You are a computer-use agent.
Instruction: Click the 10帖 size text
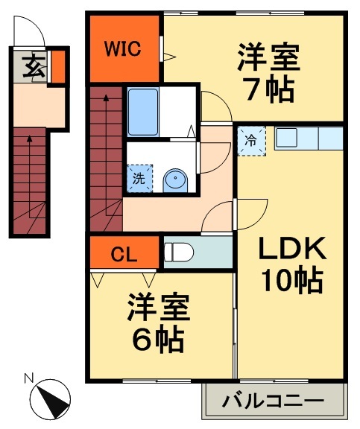tap(291, 281)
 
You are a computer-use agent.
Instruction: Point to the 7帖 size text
tap(268, 88)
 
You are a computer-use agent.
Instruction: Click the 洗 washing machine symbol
tap(139, 179)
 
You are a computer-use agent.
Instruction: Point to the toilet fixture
tap(179, 252)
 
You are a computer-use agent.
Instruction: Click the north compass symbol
tap(53, 398)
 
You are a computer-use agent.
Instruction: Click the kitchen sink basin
tap(287, 138)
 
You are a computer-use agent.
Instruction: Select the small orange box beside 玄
tap(57, 66)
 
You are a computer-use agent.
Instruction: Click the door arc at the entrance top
tap(32, 30)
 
